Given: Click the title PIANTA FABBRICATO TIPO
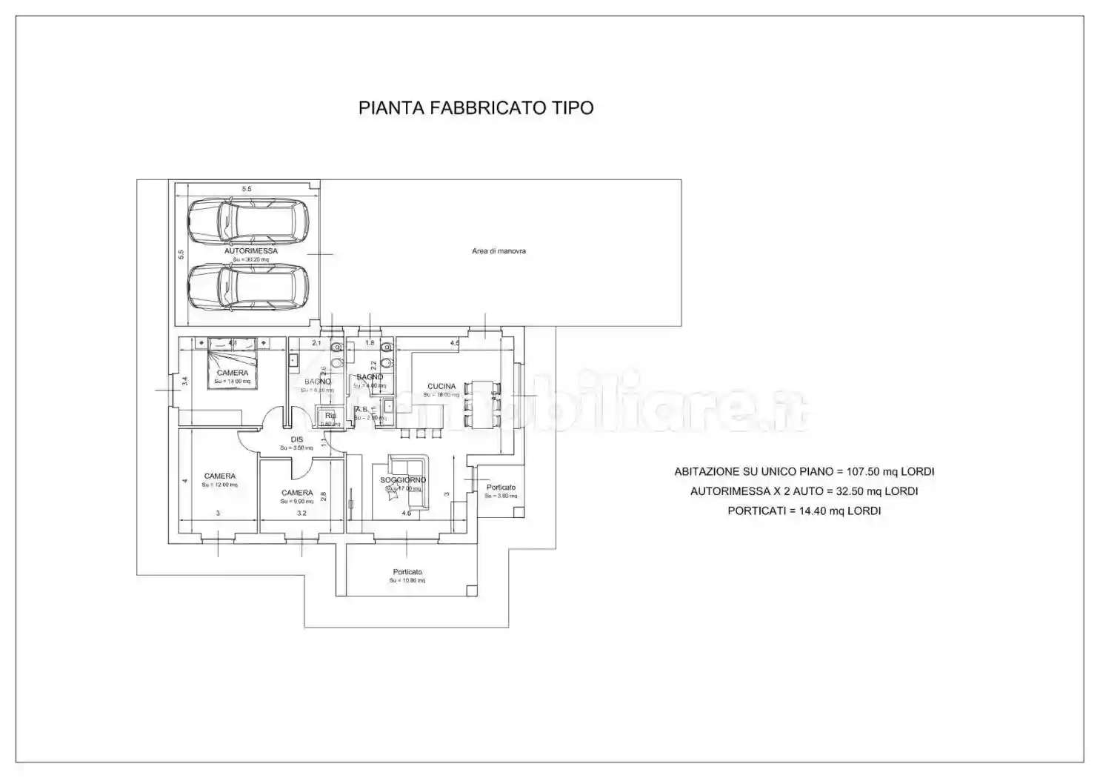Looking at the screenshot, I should click(x=476, y=108).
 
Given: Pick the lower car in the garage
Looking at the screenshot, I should click(x=247, y=287).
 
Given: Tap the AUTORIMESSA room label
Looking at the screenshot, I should click(x=251, y=251).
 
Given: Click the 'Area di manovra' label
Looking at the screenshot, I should click(x=499, y=251).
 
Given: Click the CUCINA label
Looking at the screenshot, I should click(x=441, y=386).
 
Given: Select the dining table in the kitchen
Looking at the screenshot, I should click(x=482, y=404).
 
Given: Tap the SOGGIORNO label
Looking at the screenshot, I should click(x=404, y=480).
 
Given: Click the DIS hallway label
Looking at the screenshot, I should click(x=297, y=439).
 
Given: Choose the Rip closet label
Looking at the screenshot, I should click(x=330, y=416).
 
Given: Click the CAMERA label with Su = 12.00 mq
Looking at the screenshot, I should click(x=220, y=476).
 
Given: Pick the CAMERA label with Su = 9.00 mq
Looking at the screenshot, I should click(x=297, y=493).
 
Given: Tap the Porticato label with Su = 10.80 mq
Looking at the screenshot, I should click(x=407, y=572).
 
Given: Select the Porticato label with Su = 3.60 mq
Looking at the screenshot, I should click(x=501, y=488).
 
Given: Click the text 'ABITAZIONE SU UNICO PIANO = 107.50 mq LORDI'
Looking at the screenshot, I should click(x=804, y=471).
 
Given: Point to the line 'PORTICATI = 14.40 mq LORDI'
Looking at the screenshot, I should click(x=804, y=511).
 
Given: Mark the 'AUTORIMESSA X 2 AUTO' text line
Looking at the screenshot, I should click(x=804, y=491).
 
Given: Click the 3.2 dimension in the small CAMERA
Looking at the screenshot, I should click(x=301, y=513).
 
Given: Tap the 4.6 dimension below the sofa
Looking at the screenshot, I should click(x=406, y=513).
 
